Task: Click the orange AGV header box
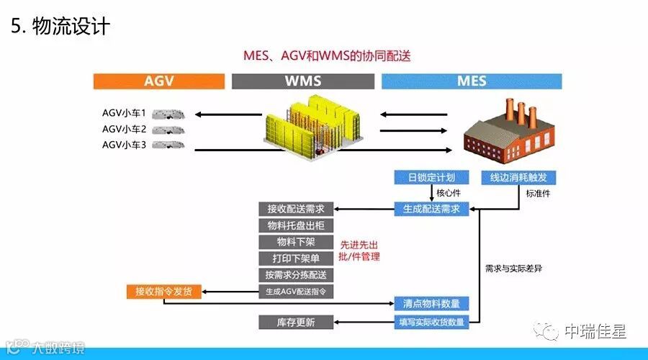pos(158,81)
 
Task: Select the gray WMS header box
pos(303,81)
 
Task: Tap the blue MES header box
pos(472,81)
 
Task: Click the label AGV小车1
pos(124,113)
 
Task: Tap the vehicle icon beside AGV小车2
pos(170,130)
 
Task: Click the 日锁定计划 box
pos(431,177)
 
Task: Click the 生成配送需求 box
pos(431,210)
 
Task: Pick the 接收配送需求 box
pos(295,209)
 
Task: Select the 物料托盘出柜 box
pos(295,225)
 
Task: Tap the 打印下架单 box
pos(295,258)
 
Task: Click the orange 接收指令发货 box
pos(164,292)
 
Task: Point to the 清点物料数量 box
pos(431,303)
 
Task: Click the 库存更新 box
pos(295,322)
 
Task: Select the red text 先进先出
pos(361,244)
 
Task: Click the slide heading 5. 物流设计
pos(60,27)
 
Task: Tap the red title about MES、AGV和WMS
pos(327,55)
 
